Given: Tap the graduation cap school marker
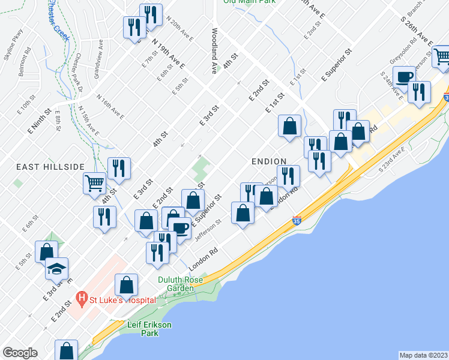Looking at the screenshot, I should point(56,269).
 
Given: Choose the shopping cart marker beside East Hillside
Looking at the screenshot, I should point(95,182).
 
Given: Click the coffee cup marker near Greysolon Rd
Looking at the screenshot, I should point(405,77).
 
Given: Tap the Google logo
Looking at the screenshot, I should point(20,353).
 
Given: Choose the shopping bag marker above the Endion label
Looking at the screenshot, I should point(289,127).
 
